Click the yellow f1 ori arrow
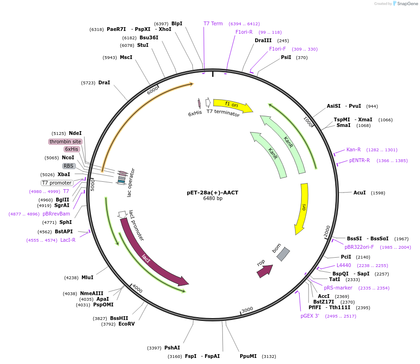(232, 105)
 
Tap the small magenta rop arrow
(264, 270)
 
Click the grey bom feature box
(283, 254)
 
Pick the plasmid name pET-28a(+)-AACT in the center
(213, 193)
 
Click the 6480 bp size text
(213, 199)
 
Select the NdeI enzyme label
(75, 134)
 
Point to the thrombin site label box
(65, 141)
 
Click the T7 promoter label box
(57, 183)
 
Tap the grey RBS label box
(69, 166)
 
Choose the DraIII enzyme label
(263, 41)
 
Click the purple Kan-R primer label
(354, 150)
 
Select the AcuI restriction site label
(360, 193)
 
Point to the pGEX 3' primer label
(310, 316)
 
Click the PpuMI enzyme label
(248, 356)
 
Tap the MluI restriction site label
(88, 277)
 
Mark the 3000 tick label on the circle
(247, 310)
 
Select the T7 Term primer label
(213, 23)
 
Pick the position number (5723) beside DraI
(88, 83)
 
